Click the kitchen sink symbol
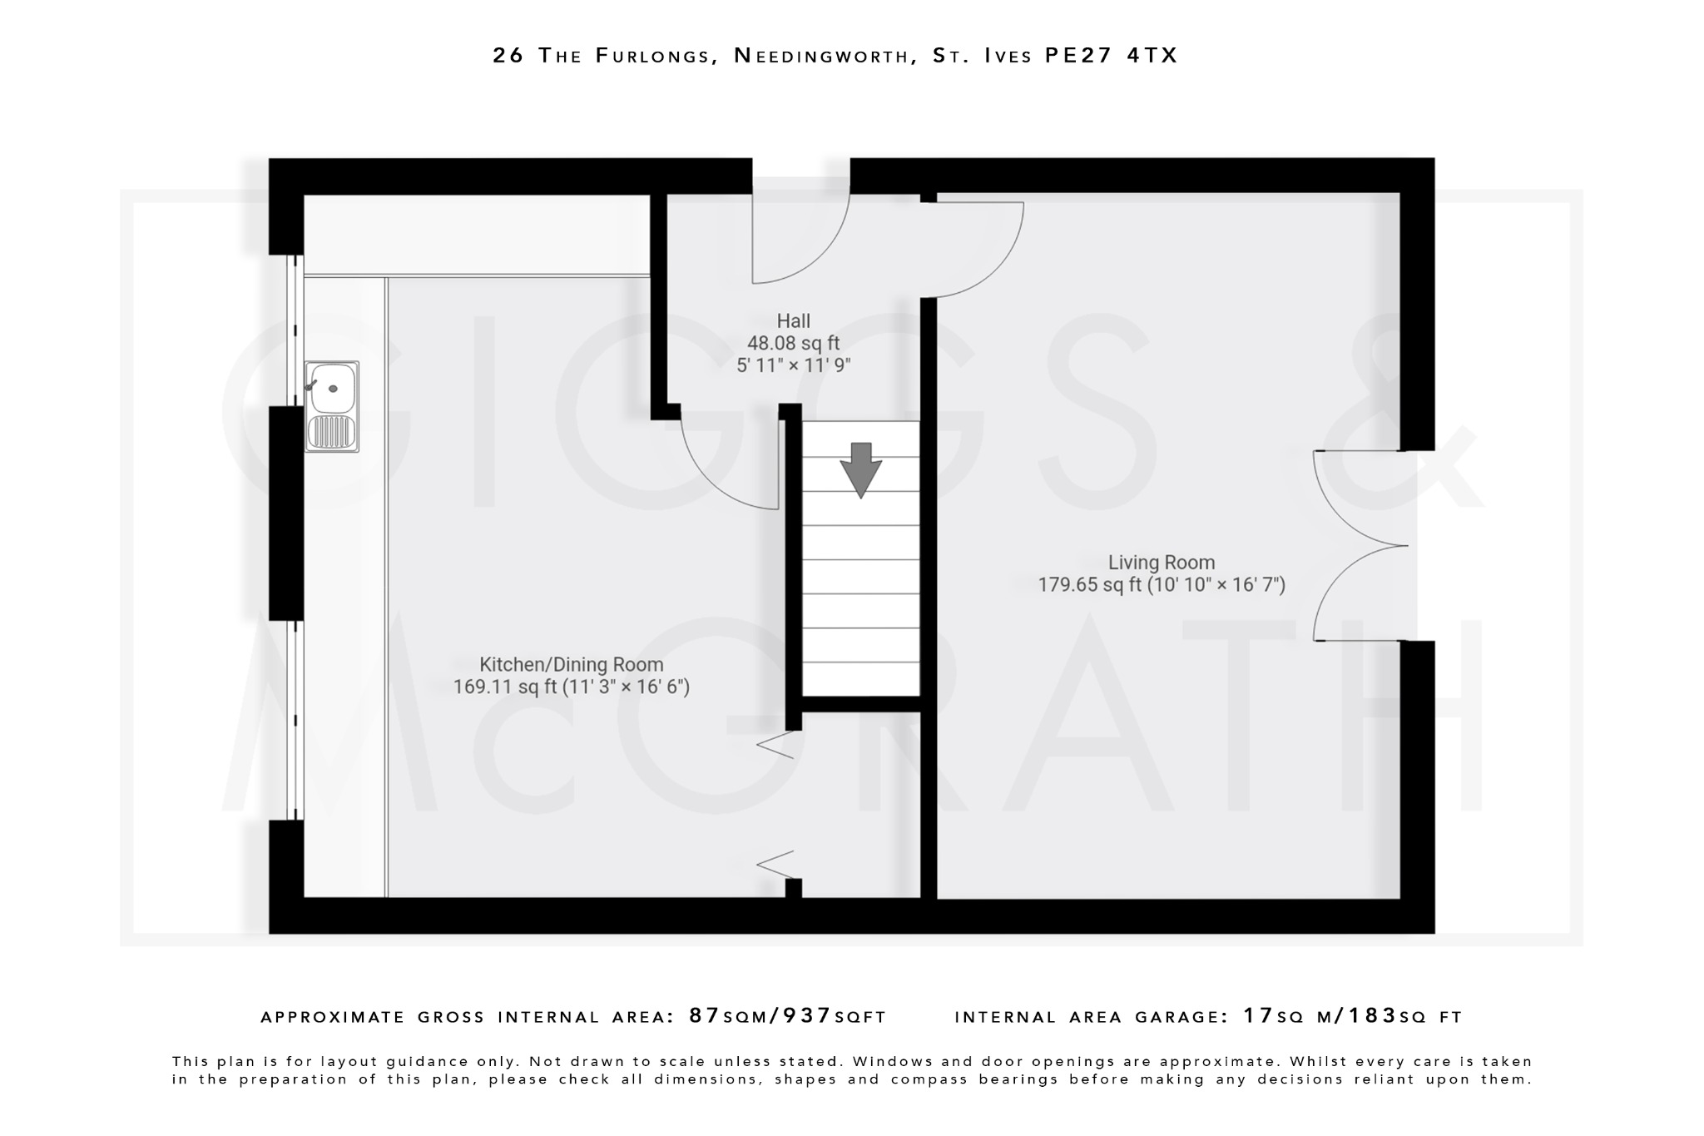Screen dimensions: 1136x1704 coord(332,406)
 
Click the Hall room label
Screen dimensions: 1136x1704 coord(793,321)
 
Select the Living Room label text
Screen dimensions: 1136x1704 coord(1161,563)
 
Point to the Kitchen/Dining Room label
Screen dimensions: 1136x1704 coord(572,665)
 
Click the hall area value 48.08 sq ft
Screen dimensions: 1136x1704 coord(793,343)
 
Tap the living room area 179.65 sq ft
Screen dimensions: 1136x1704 coord(1089,585)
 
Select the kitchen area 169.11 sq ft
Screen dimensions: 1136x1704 coord(505,687)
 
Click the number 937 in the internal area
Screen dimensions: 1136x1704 coord(805,1016)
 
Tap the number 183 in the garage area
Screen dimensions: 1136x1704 coord(1373,1016)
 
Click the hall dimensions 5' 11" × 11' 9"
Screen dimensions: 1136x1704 coord(793,365)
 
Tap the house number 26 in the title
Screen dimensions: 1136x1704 coord(508,56)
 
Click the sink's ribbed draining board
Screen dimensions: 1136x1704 coord(331,432)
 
